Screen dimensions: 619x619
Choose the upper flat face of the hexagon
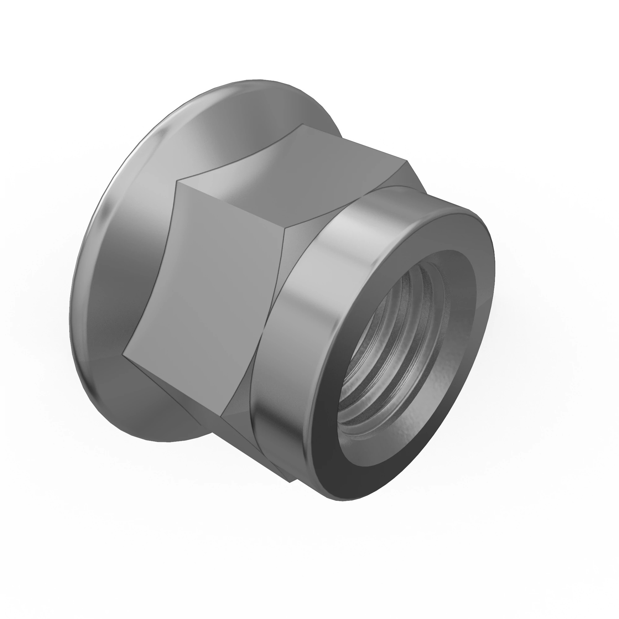tap(288, 173)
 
